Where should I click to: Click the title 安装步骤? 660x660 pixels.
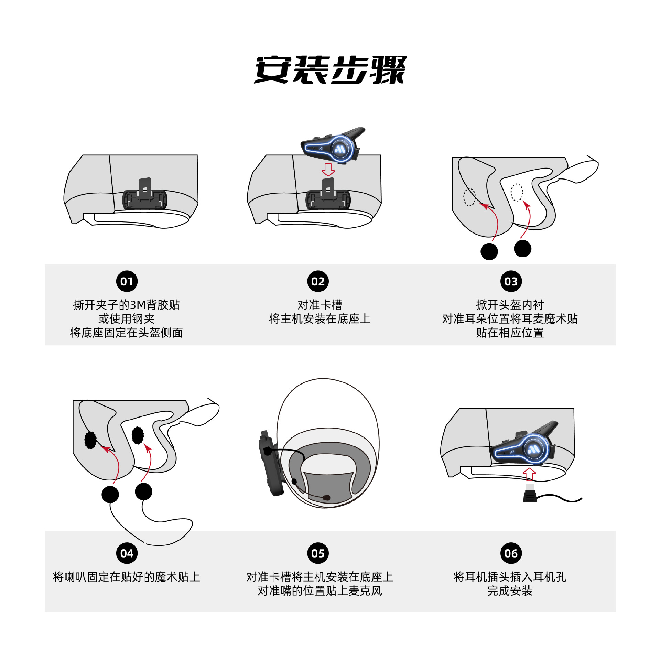(x=330, y=70)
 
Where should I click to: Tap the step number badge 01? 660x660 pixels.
(x=127, y=281)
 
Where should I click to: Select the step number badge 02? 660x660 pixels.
(x=318, y=281)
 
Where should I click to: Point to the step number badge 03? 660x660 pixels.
(x=511, y=281)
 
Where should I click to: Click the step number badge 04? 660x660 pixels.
(x=127, y=553)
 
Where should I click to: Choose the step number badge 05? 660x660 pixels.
(x=318, y=553)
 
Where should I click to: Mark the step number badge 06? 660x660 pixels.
(x=511, y=553)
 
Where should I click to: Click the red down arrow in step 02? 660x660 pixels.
(x=328, y=170)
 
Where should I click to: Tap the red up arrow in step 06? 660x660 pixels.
(x=529, y=474)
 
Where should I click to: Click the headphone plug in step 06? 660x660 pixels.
(x=530, y=494)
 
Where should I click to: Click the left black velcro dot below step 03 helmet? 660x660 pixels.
(x=489, y=251)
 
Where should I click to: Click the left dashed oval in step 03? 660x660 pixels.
(x=469, y=197)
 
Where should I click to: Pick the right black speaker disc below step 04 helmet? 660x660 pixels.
(x=143, y=491)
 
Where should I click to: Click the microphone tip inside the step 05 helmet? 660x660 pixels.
(x=326, y=497)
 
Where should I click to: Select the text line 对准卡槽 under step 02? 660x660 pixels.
(x=320, y=305)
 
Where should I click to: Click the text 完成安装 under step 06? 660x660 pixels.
(x=510, y=591)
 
